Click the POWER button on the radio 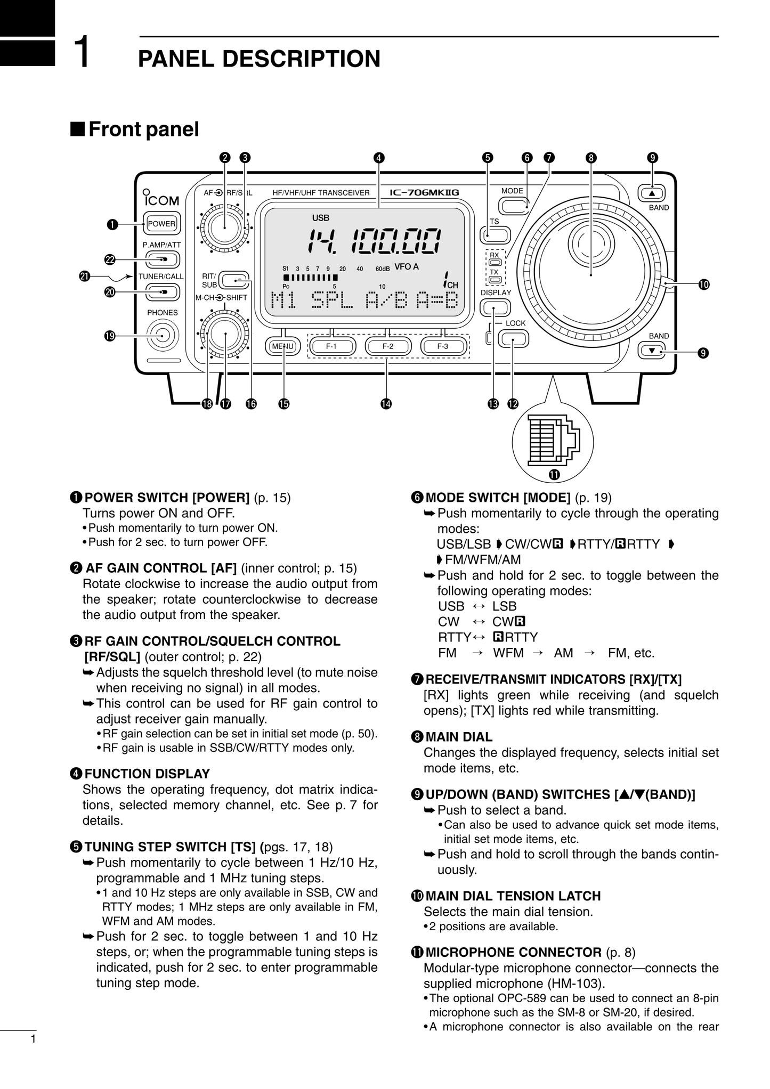coord(161,224)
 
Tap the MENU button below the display coord(283,346)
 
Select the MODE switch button coord(513,206)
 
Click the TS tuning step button coord(495,235)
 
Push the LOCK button coord(514,338)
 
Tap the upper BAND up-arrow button coord(651,193)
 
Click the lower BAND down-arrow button coord(651,351)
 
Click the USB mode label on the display coord(321,218)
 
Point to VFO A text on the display coord(407,267)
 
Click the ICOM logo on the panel coord(161,201)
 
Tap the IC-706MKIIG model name coord(424,193)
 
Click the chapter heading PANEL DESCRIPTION coord(259,59)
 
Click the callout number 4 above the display coord(378,158)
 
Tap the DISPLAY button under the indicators coord(495,307)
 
